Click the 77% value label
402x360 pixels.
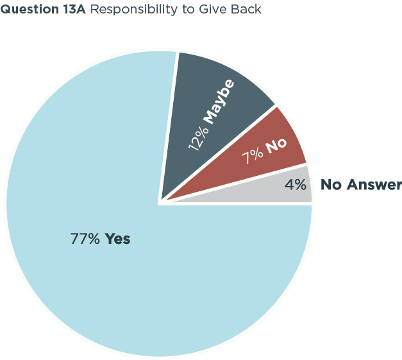85,239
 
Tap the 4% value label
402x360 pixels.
296,185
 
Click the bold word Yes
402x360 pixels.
117,239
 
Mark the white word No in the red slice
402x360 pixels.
276,146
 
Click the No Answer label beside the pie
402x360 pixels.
361,185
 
